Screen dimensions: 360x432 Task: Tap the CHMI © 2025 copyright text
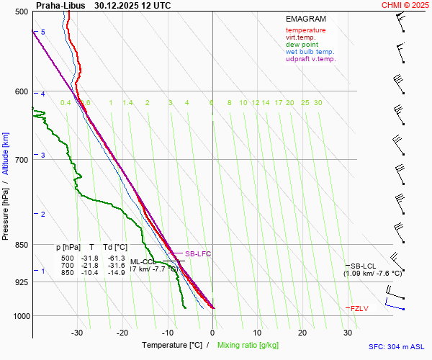tap(406, 5)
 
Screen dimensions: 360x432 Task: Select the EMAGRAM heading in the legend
tap(305, 19)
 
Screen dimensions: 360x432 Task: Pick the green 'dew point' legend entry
tap(302, 45)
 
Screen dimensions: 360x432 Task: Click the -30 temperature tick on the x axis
tap(77, 333)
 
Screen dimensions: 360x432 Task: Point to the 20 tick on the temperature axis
tap(302, 333)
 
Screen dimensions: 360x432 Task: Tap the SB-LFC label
tap(198, 254)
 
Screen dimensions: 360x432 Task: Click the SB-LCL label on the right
tap(364, 266)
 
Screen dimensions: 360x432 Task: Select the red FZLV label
tap(359, 308)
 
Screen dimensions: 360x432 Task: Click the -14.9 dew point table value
tap(117, 273)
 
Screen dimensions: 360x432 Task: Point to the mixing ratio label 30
tap(318, 103)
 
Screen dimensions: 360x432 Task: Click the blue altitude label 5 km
tap(42, 32)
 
